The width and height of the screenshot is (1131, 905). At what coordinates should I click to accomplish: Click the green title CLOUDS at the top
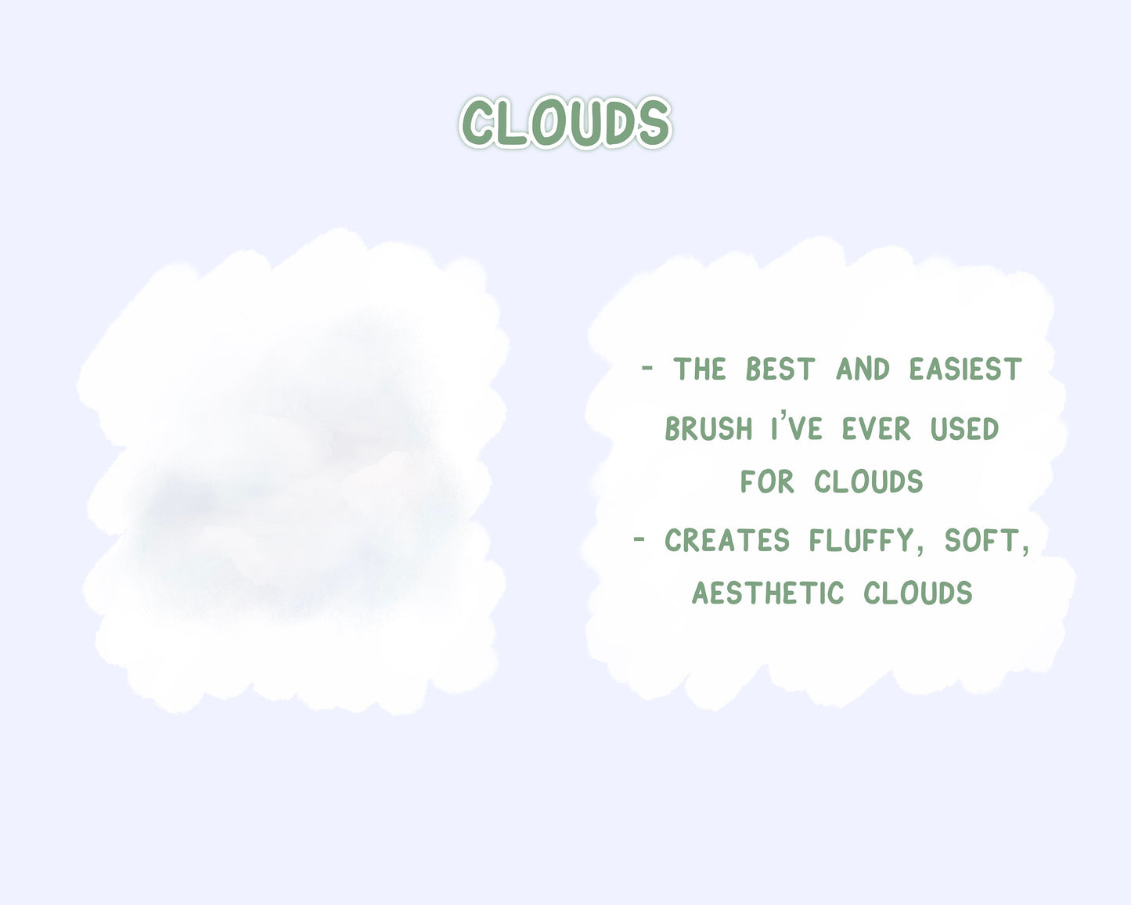pos(565,122)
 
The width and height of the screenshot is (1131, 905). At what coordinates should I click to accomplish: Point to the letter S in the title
pos(653,123)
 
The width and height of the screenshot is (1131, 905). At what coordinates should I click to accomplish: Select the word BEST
pos(780,370)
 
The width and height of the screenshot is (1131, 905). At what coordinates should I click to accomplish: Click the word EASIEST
pos(965,370)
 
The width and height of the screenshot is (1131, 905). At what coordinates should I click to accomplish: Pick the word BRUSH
pos(708,429)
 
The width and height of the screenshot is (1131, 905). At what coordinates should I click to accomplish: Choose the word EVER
pos(877,429)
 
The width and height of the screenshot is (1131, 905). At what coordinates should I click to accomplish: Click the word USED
pos(964,429)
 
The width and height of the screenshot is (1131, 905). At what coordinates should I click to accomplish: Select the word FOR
pos(767,481)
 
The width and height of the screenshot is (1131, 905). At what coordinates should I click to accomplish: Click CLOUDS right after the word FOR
pos(869,481)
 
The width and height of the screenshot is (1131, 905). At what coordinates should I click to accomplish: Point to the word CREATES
pos(727,540)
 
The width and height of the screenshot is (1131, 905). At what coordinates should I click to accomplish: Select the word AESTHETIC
pos(768,593)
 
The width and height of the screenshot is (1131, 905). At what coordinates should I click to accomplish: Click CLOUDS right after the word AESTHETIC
pos(918,593)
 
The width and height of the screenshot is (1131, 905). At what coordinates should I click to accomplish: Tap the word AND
pos(863,370)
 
